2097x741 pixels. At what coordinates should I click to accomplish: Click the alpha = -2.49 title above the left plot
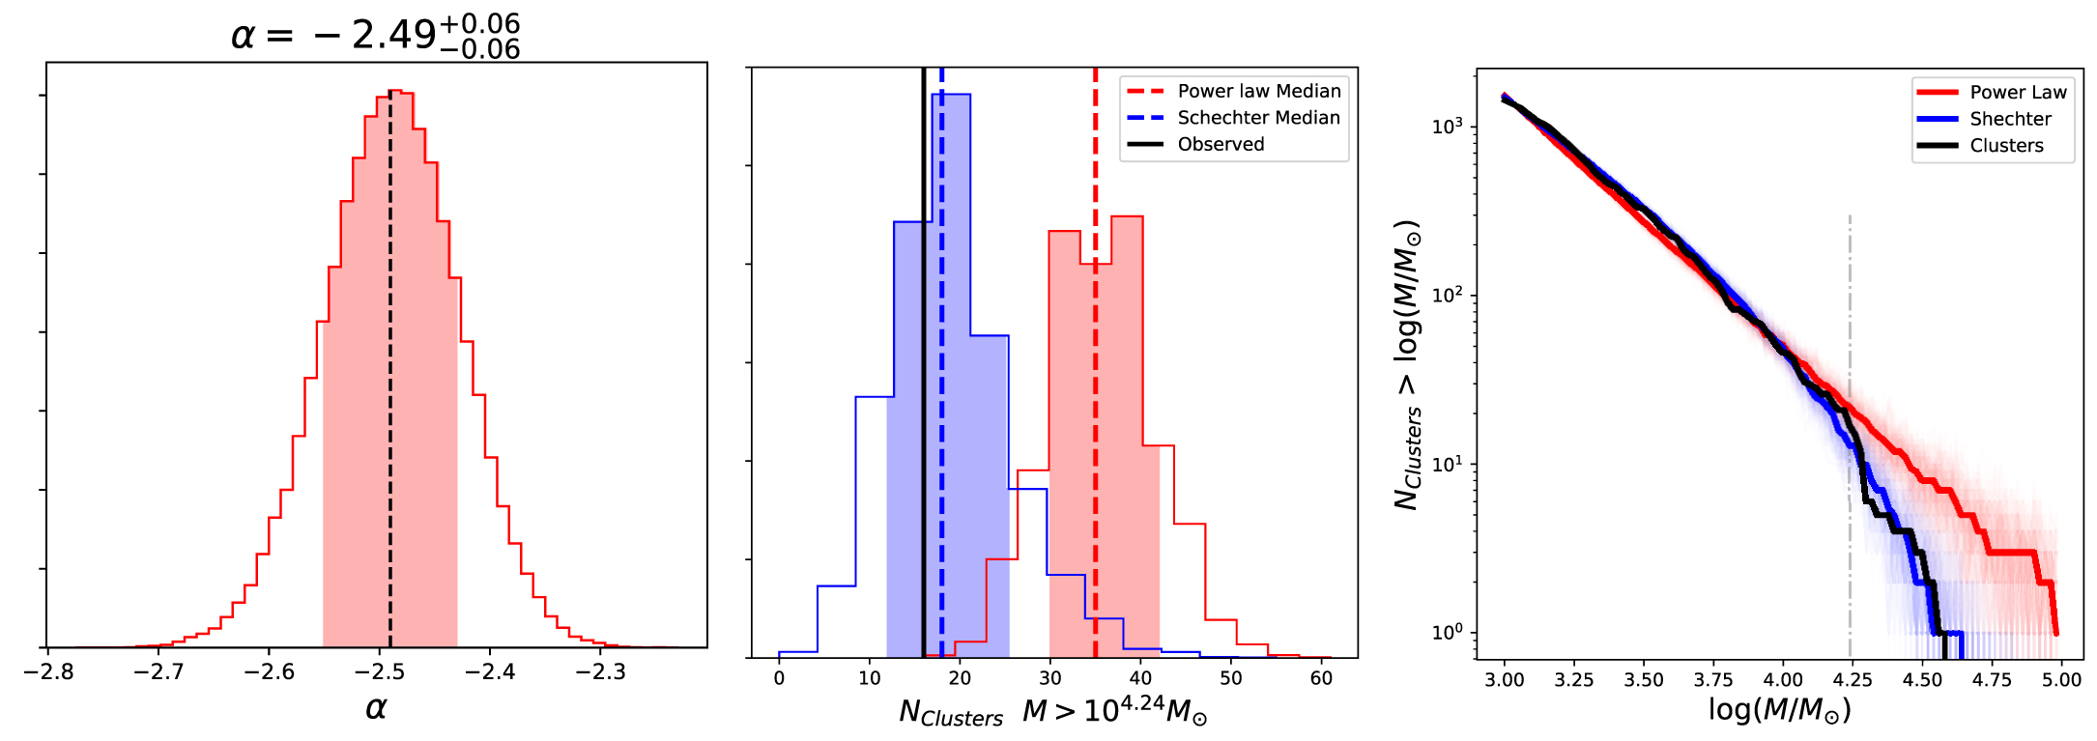[376, 36]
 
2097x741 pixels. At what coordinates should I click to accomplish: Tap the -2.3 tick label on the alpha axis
[600, 671]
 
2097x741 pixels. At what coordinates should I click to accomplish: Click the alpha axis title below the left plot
[376, 708]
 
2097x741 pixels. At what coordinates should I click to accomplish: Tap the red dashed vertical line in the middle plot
[1095, 386]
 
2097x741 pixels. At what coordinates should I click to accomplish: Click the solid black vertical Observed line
[924, 386]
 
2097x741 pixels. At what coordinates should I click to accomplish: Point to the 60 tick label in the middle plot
[1321, 678]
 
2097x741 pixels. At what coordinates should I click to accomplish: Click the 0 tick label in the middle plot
[779, 678]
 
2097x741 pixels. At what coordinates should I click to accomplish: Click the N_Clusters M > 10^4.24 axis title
[1052, 713]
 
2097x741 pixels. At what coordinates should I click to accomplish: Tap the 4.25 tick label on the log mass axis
[1852, 679]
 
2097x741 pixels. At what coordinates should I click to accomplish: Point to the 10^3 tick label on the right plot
[1447, 127]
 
